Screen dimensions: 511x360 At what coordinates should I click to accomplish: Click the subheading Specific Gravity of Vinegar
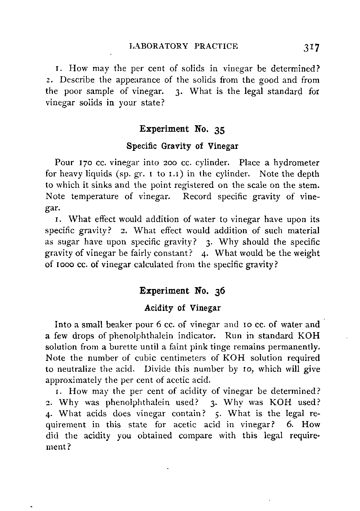182,146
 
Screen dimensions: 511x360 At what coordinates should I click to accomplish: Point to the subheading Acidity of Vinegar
182,308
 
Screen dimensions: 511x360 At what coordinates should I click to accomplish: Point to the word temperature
96,197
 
